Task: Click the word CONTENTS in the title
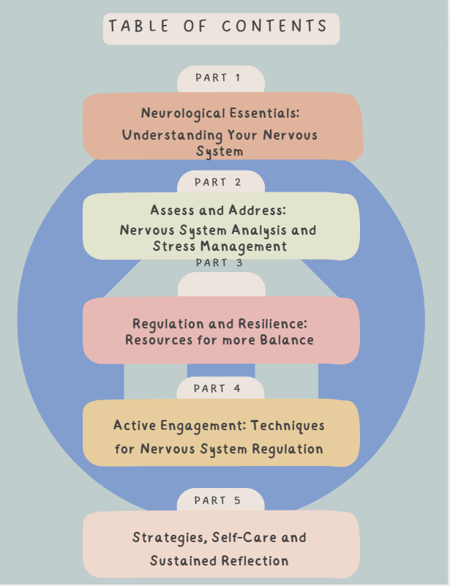tap(274, 27)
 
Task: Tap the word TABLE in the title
tap(135, 27)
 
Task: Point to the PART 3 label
tap(219, 263)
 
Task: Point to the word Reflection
tap(254, 561)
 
